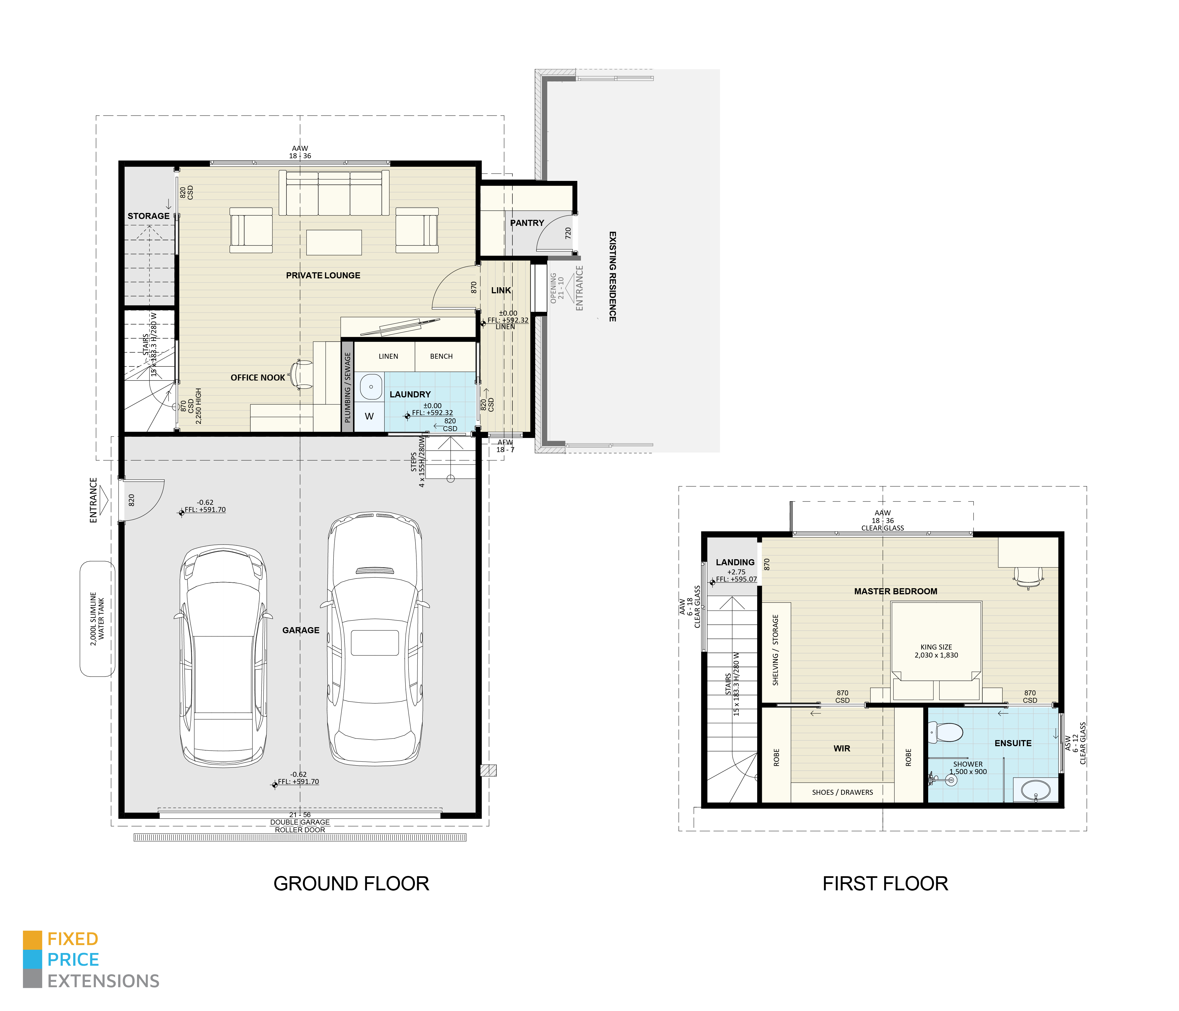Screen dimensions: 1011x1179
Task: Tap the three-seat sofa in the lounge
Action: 334,193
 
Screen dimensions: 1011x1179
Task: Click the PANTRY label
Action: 527,223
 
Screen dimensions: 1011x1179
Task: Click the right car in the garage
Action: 375,640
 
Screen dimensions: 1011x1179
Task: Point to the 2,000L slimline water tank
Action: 97,619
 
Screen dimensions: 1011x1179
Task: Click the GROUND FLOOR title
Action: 351,884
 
